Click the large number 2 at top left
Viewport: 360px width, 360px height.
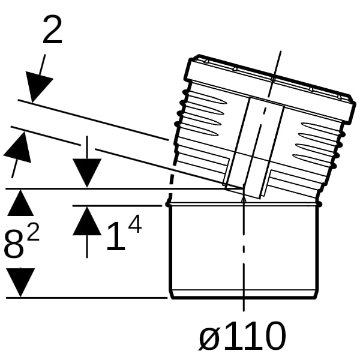pos(52,29)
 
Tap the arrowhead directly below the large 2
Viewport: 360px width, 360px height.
pos(37,86)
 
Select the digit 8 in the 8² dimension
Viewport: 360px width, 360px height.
pos(14,244)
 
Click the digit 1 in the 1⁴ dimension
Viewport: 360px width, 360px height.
pos(116,236)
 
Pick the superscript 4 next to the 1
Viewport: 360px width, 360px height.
pos(135,225)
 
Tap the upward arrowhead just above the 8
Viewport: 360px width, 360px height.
pos(20,203)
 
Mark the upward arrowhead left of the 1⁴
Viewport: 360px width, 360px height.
pos(87,221)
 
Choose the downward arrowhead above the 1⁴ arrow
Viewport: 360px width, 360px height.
pos(87,173)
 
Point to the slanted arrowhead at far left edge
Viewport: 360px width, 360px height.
pos(19,147)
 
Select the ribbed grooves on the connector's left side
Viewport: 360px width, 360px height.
pos(202,113)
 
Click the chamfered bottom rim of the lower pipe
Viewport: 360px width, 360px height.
pos(244,294)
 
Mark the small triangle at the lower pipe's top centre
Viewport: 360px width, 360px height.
pos(244,200)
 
